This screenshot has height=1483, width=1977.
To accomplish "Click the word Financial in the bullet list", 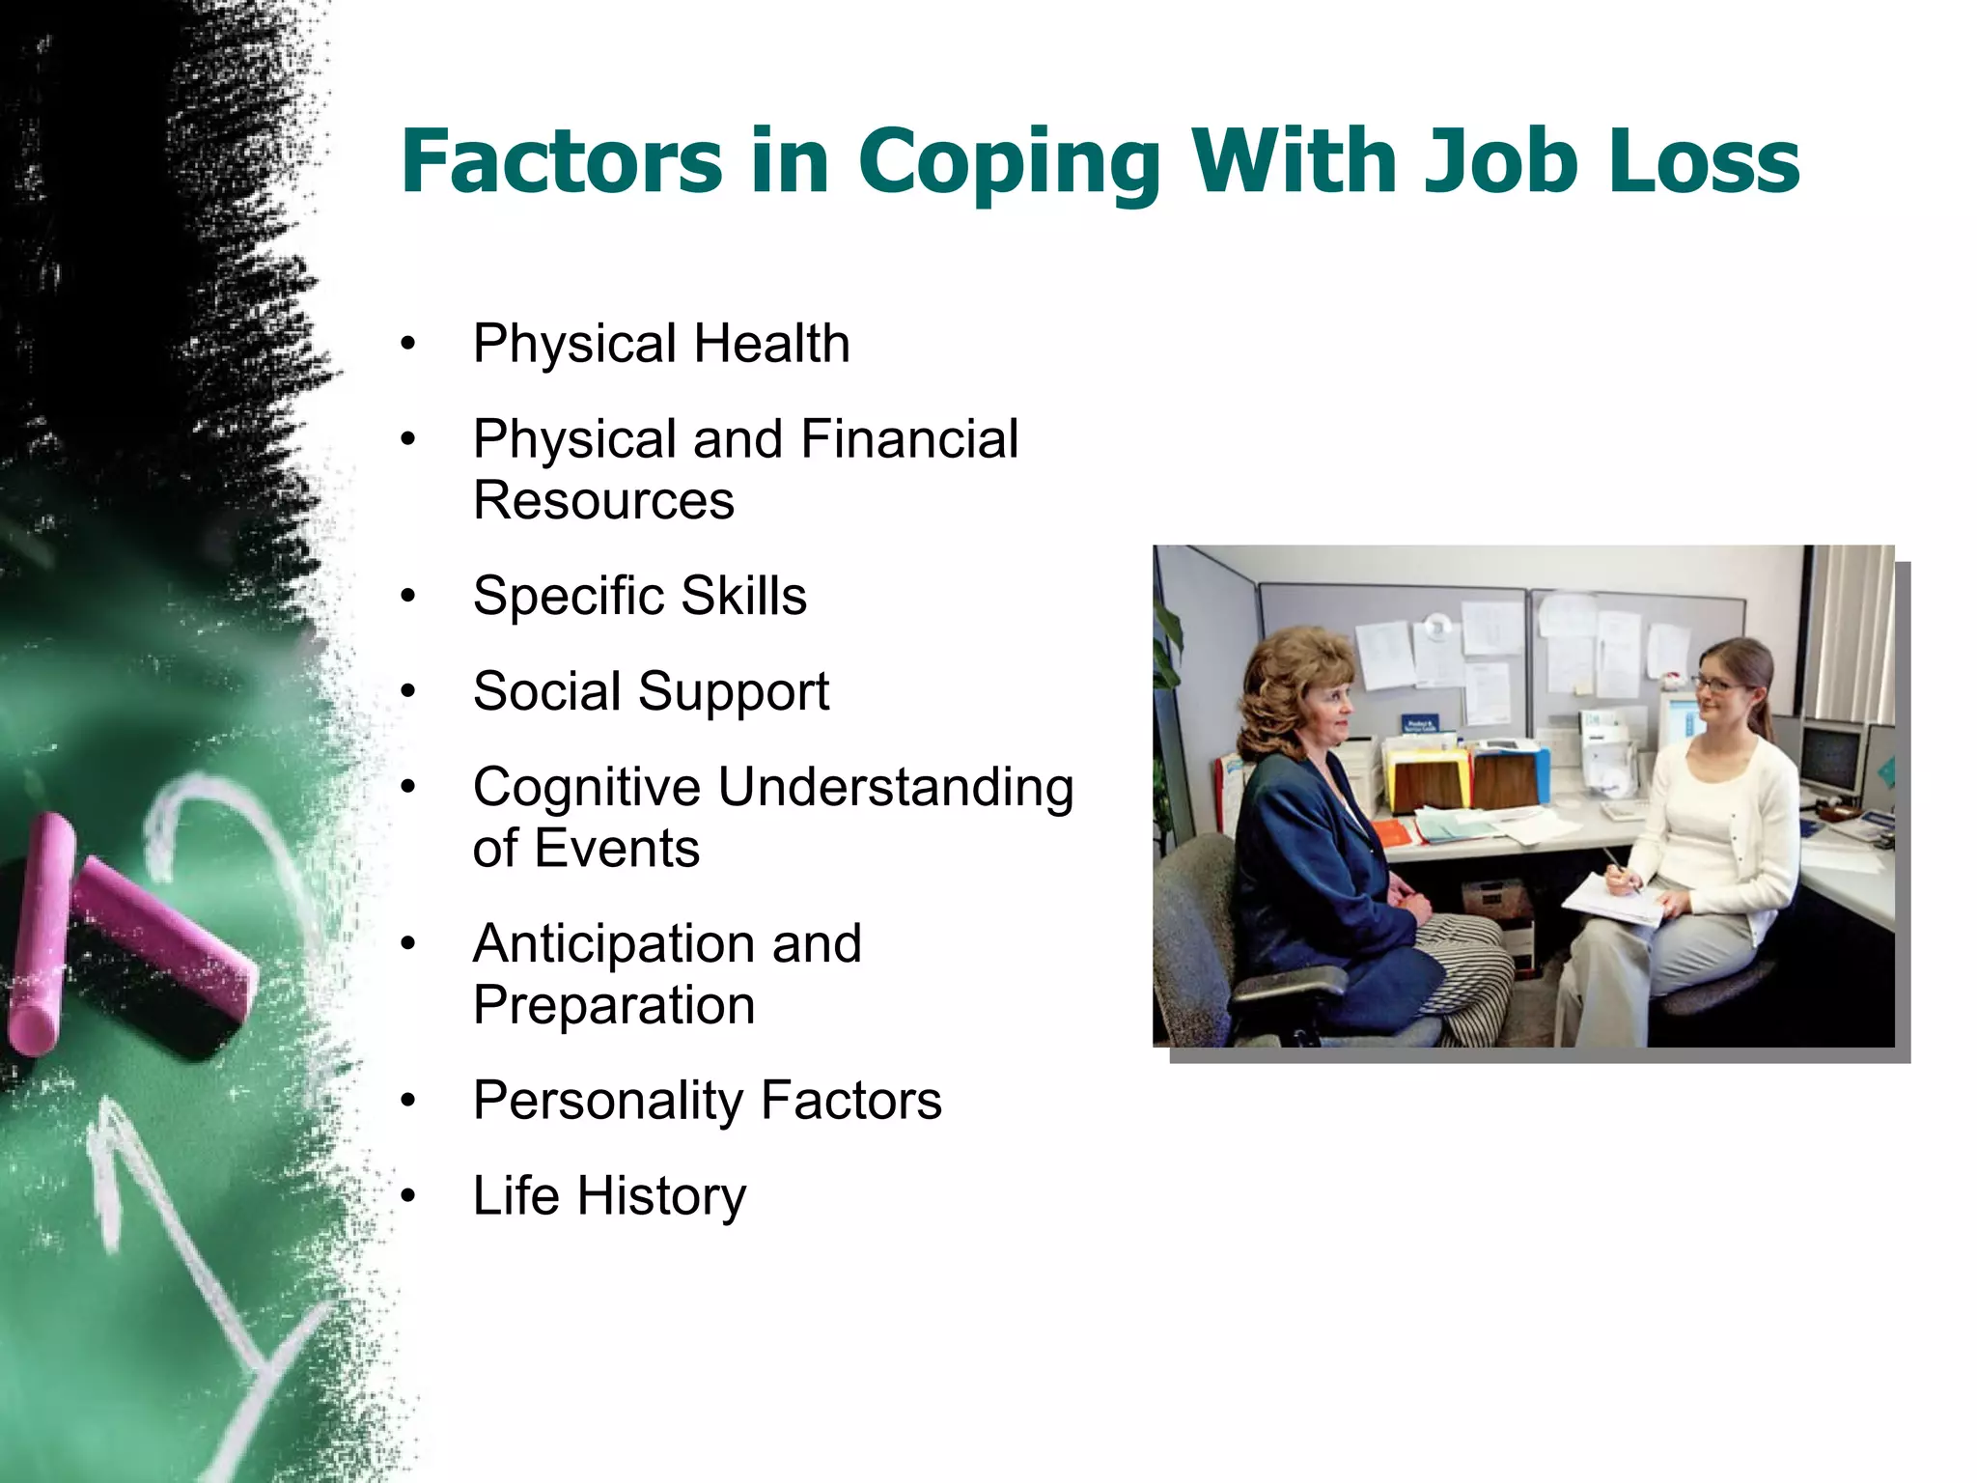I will [909, 439].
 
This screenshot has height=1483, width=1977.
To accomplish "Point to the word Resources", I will [603, 501].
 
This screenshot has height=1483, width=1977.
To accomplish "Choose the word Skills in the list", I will [743, 596].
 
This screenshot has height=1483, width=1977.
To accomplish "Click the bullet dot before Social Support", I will [408, 692].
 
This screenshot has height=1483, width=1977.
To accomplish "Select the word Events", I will [617, 849].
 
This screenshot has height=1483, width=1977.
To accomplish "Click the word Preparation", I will [614, 1005].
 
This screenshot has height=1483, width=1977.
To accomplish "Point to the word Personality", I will [607, 1101].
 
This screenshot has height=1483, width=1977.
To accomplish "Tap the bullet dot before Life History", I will [408, 1197].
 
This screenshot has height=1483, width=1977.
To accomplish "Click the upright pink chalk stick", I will [41, 932].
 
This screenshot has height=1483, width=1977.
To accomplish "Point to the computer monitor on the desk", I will [1830, 757].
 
